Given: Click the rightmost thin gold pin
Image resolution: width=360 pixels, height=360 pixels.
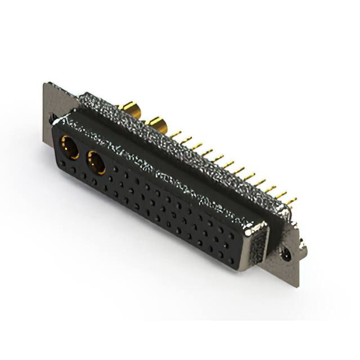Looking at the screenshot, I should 290,200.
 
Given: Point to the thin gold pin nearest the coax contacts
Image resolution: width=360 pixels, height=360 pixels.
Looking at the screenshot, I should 176,135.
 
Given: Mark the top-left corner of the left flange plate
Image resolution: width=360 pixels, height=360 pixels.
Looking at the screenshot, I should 44,84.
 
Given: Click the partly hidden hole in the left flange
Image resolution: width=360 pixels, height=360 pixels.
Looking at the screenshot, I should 52,119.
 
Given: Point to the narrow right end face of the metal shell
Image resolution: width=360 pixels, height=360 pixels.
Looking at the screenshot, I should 258,242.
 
